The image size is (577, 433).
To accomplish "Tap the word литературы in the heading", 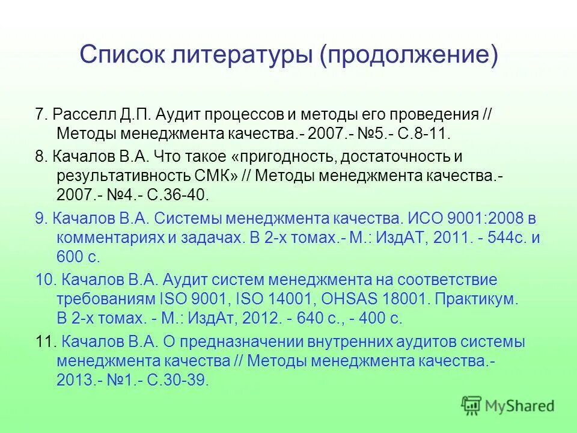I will coord(237,55).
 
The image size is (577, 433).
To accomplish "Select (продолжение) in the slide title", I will coord(408,56).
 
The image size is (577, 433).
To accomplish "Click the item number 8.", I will coord(40,158).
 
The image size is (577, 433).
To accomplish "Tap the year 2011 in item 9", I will coord(444,238).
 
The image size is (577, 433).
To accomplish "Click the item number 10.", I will coord(45,280).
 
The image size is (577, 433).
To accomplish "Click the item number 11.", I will coord(45,342).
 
